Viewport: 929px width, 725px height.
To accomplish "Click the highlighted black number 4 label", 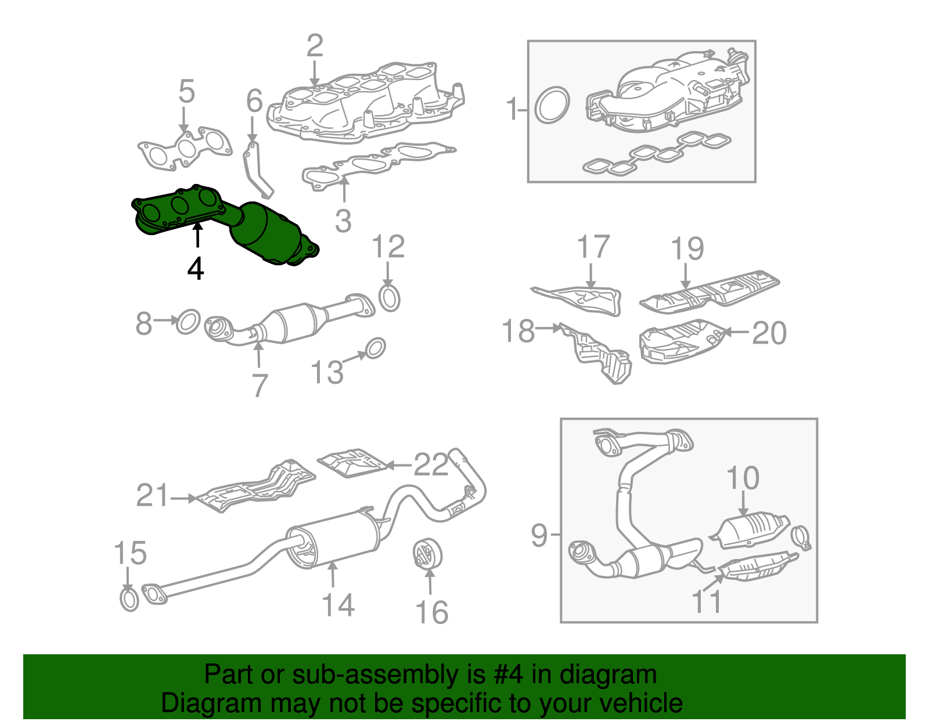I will point(196,269).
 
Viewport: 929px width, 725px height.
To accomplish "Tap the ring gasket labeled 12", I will point(390,298).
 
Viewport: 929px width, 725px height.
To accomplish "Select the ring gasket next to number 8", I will point(188,322).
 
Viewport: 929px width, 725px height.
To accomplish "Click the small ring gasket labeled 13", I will point(375,348).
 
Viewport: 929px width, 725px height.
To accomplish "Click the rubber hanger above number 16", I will point(428,553).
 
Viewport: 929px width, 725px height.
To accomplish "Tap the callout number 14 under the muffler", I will point(338,605).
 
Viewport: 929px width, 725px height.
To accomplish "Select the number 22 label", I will point(431,464).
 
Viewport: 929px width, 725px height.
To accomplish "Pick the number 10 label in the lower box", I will point(743,478).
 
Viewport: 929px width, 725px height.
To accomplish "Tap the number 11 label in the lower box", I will point(706,601).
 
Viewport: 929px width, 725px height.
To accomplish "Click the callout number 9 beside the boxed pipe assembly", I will point(539,535).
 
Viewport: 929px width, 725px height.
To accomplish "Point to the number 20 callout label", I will point(769,333).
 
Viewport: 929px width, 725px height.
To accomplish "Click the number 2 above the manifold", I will point(314,45).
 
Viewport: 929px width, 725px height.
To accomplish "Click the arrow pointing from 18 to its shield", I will point(548,329).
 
